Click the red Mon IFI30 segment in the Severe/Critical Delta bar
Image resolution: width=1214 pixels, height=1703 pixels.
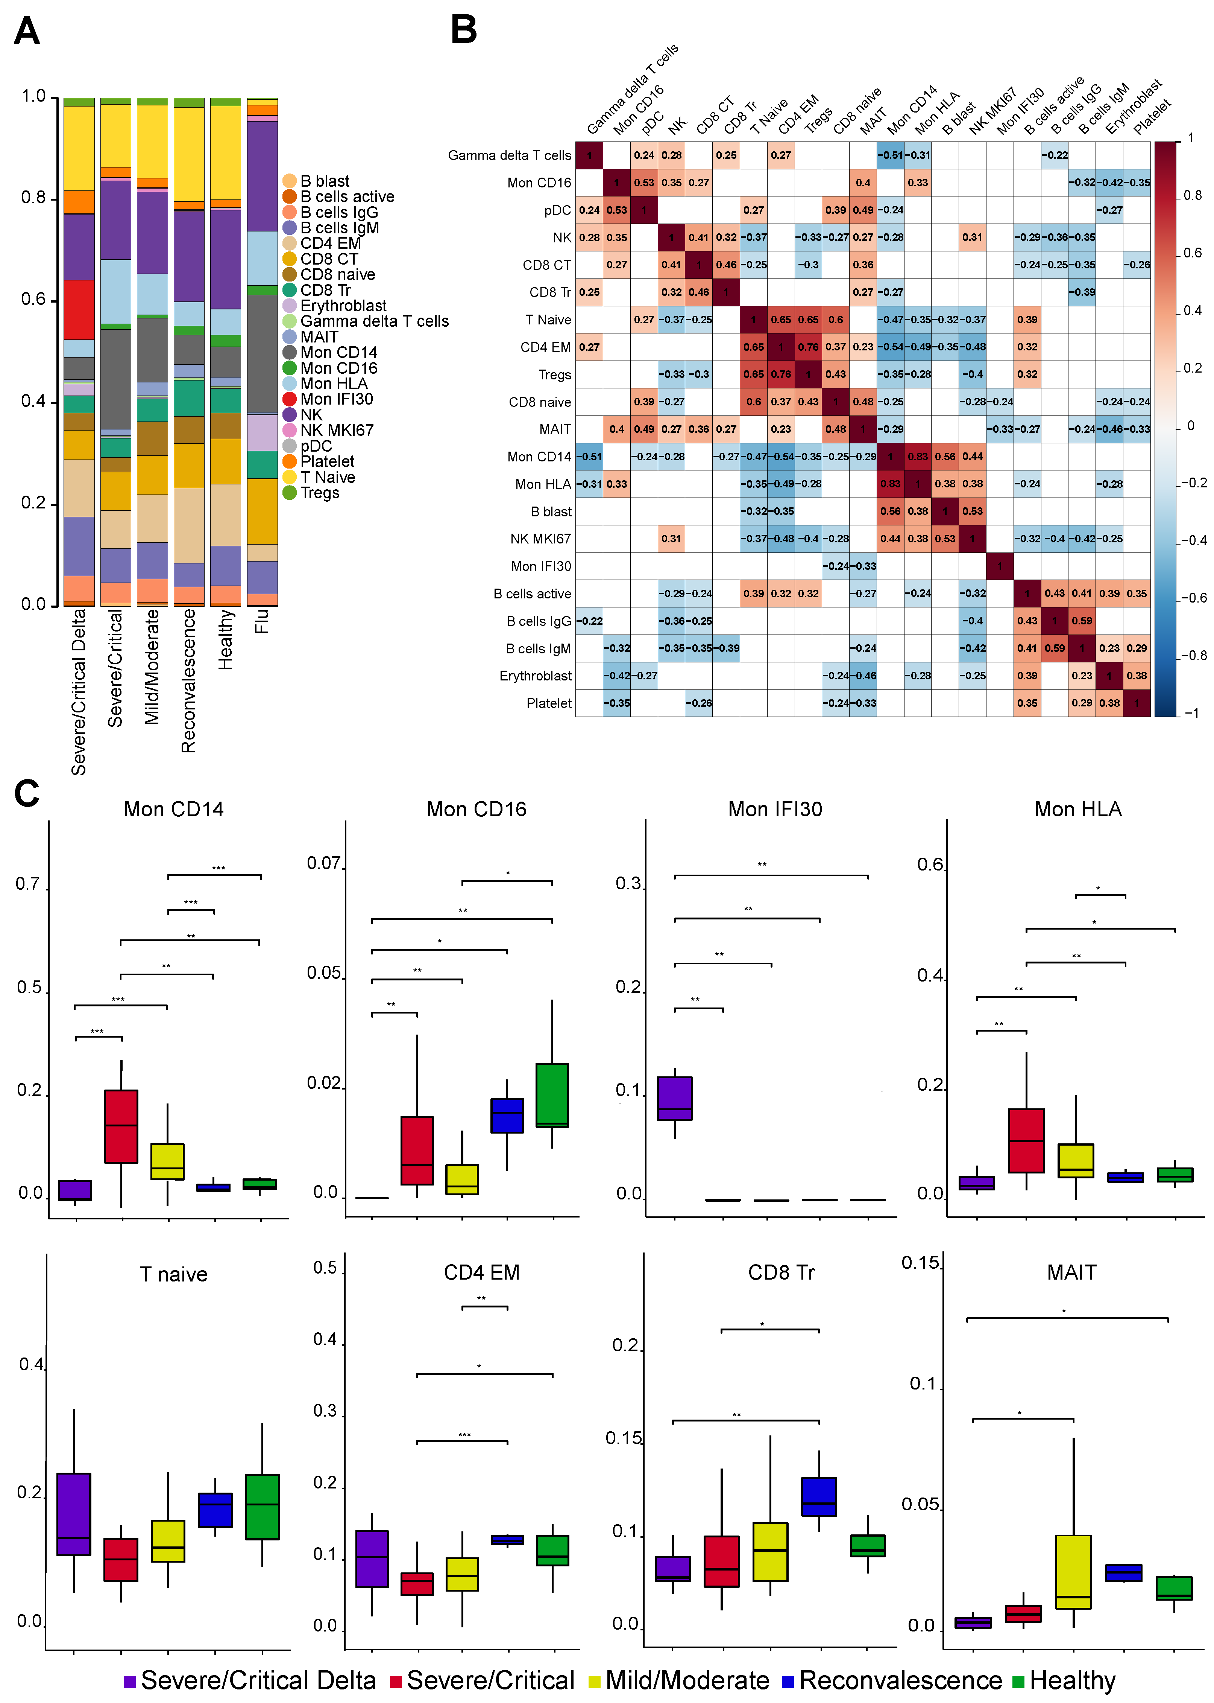point(79,310)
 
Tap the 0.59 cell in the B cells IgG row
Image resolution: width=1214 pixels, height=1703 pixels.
point(1082,621)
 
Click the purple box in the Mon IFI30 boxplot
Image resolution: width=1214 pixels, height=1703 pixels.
point(674,1098)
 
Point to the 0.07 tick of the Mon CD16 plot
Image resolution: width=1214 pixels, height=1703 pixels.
point(324,864)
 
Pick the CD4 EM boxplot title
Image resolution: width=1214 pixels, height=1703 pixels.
point(481,1273)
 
